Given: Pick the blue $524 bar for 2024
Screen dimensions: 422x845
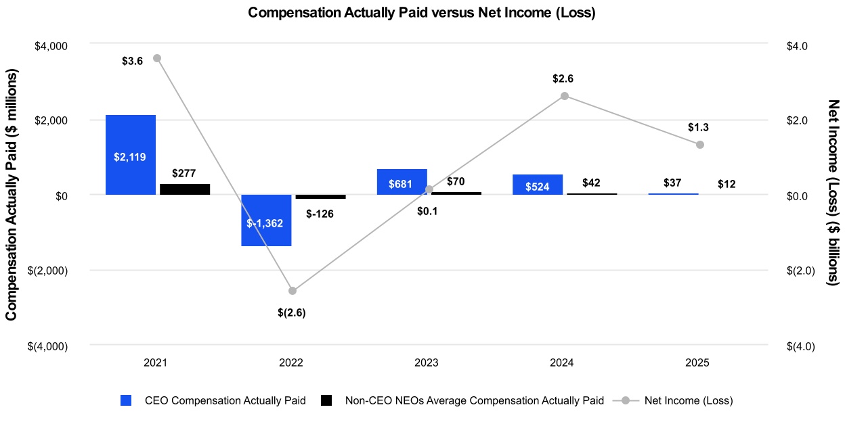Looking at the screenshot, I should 537,185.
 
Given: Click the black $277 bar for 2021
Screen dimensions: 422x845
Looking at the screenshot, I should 184,189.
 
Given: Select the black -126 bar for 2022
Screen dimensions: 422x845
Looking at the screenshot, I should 320,197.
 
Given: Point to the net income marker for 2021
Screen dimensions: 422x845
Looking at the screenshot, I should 157,58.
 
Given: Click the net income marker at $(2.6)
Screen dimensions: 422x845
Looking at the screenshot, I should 292,291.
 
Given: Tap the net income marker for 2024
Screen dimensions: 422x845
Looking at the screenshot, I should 565,96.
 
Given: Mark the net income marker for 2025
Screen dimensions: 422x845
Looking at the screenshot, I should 700,145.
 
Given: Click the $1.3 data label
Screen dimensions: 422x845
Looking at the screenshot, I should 699,127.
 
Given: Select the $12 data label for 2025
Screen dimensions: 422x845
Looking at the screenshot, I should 727,184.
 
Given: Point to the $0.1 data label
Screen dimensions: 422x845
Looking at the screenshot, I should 427,211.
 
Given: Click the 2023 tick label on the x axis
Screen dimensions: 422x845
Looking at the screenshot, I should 427,363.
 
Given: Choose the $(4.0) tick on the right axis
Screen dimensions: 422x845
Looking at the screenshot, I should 800,346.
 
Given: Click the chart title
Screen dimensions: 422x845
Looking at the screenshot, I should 422,13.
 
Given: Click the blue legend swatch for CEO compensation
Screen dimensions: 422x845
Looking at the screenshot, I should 125,400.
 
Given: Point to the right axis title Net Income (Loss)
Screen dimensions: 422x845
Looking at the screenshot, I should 833,193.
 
